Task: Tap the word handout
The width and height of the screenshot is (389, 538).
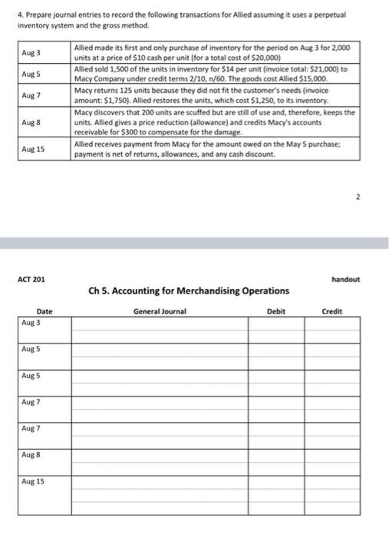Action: [x=344, y=279]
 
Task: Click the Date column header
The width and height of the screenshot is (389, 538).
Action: [x=45, y=311]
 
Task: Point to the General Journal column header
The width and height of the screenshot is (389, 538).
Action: [x=160, y=311]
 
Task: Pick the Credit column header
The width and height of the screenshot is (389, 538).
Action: [x=331, y=311]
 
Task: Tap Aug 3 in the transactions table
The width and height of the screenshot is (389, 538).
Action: [x=32, y=52]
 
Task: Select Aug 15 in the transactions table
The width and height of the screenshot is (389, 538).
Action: [x=34, y=149]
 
